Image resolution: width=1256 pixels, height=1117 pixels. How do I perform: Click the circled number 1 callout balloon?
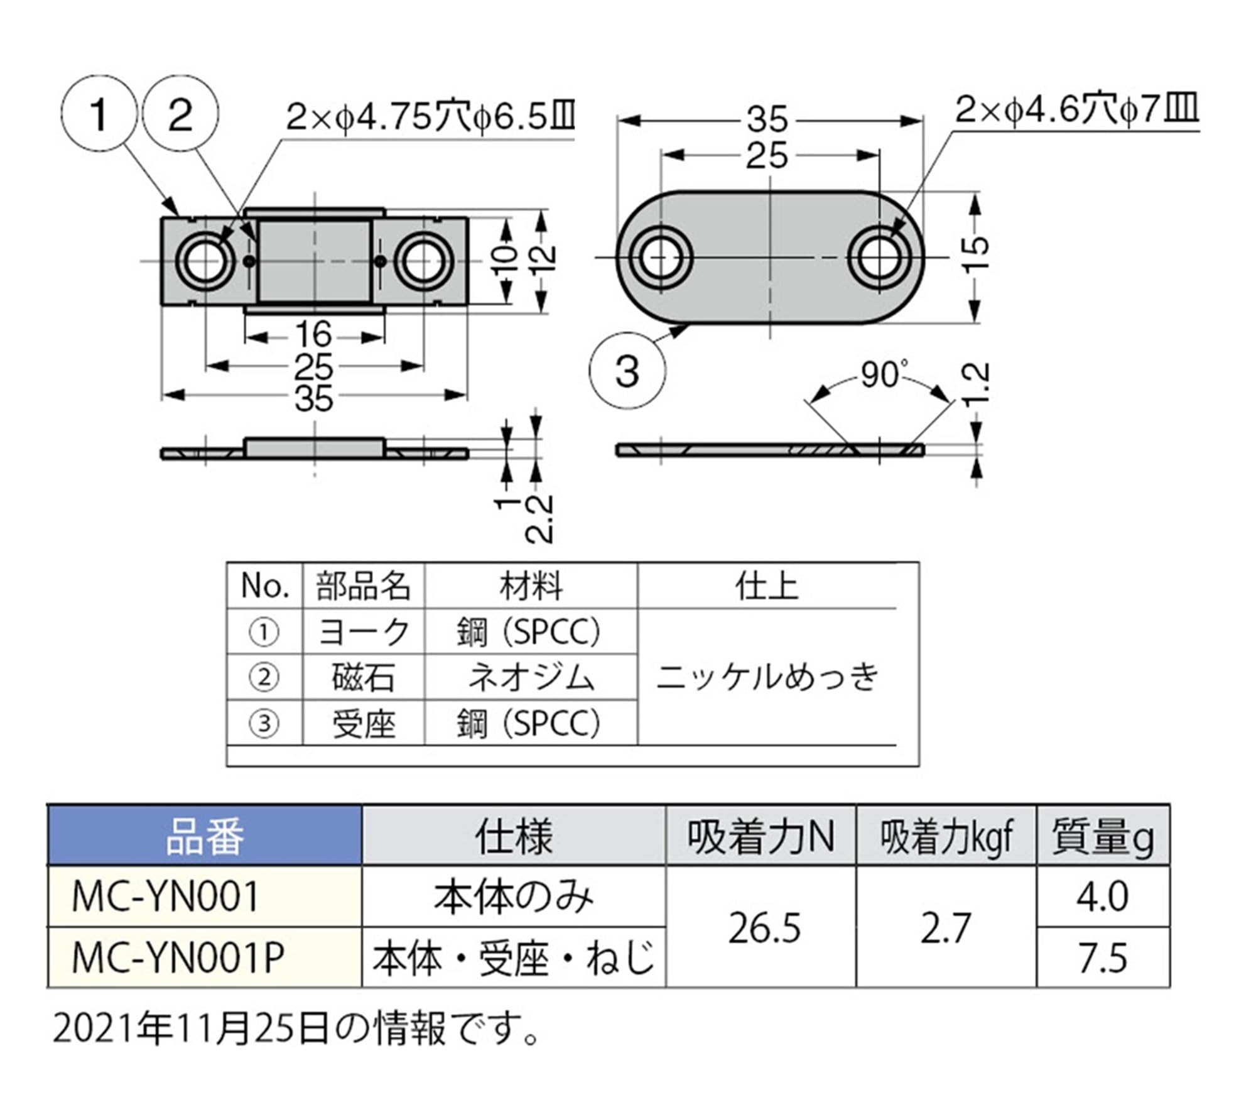(x=99, y=115)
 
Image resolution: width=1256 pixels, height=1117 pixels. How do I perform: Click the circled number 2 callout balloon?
(x=181, y=115)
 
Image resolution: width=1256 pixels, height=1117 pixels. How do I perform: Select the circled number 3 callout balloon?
(x=627, y=371)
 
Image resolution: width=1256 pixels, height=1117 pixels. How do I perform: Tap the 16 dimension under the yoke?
(x=313, y=335)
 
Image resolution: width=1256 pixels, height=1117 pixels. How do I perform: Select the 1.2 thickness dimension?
(x=977, y=384)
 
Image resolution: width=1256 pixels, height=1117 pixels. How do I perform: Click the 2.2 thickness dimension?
(x=539, y=519)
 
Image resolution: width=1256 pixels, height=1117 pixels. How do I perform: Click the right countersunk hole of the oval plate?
(x=879, y=258)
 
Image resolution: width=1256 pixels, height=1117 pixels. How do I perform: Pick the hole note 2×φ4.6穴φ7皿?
(x=1076, y=111)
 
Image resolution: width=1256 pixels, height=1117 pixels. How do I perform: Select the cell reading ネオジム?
(x=531, y=678)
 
